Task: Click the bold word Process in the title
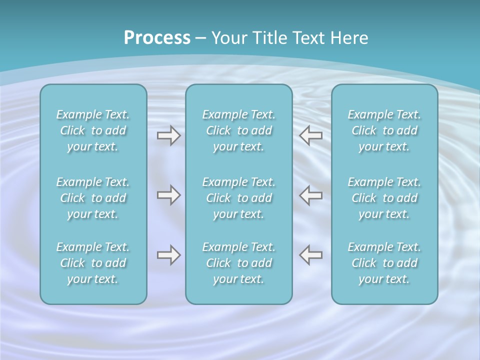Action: click(157, 38)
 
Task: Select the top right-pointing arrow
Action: click(168, 135)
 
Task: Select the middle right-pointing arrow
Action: click(168, 195)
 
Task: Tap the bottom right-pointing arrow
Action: click(168, 255)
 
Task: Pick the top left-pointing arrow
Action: click(311, 135)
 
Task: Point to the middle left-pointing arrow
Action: click(311, 195)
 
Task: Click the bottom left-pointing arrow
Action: click(311, 255)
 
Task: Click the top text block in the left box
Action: click(93, 130)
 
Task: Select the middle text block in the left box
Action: click(93, 198)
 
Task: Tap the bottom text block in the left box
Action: click(93, 263)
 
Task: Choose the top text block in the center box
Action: click(238, 130)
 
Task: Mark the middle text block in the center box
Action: click(238, 198)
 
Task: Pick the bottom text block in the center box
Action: click(238, 263)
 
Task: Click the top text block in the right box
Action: click(384, 130)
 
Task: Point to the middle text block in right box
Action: click(384, 198)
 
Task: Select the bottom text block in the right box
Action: click(384, 263)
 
